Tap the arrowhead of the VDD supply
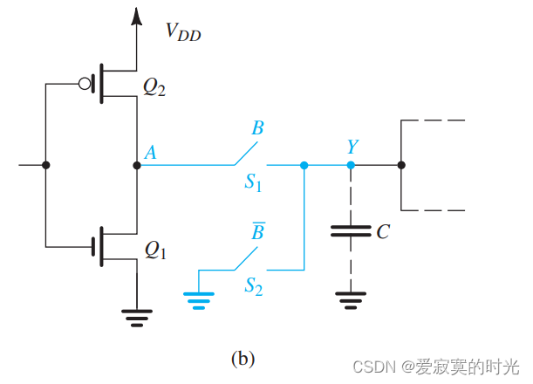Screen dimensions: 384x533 pos(135,17)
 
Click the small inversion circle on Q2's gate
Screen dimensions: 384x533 pos(84,85)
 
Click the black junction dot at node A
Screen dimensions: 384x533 pos(136,165)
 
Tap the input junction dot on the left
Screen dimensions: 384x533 pos(45,165)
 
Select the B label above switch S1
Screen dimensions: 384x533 pos(257,129)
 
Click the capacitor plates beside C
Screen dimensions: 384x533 pos(351,232)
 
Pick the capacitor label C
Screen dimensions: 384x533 pos(382,232)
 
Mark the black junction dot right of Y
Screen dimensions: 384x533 pos(400,165)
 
